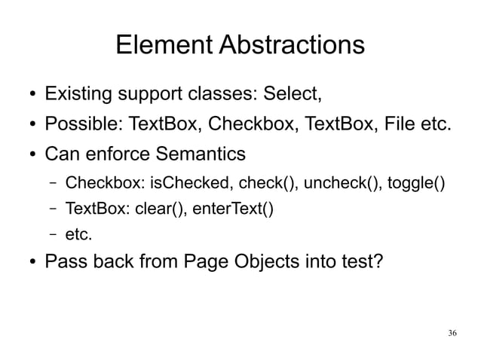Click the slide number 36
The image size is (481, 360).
452,333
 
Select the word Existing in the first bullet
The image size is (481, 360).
76,96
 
